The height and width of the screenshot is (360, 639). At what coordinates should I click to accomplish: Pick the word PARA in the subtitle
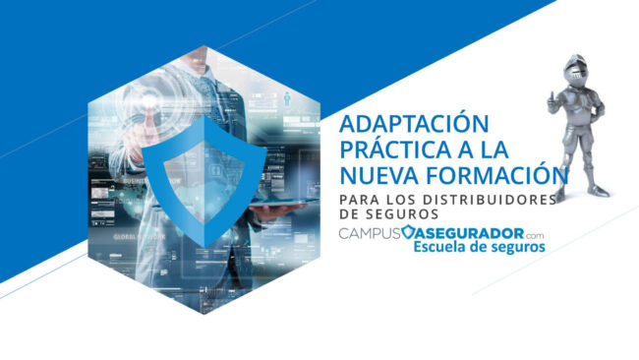tap(357, 200)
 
